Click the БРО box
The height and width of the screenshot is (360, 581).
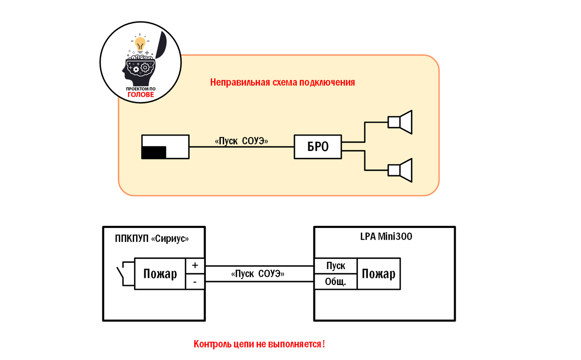pos(318,147)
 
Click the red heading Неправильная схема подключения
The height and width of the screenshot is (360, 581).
pos(283,82)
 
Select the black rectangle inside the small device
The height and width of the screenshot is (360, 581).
pos(153,152)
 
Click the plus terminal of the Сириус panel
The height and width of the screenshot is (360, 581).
pos(195,266)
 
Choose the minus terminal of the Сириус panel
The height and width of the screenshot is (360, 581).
pos(195,282)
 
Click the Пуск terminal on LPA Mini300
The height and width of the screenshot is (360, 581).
pos(336,266)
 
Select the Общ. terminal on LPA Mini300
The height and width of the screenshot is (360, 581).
pos(336,282)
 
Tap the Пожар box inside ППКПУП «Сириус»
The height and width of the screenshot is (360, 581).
pos(160,274)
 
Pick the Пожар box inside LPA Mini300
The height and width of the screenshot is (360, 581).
pos(379,274)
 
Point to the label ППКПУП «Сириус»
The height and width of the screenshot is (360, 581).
pos(152,239)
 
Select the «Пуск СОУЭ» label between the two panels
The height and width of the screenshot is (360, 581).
pos(259,274)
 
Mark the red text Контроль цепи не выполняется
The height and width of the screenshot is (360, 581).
pos(259,345)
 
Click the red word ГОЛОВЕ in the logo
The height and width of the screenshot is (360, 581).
pos(140,95)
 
